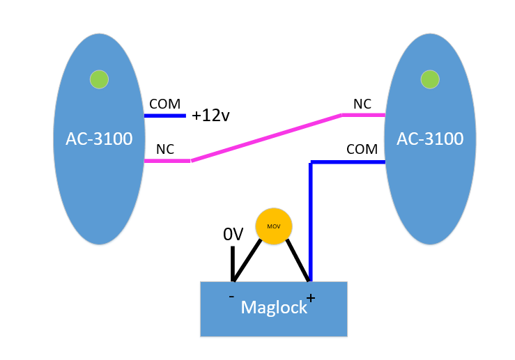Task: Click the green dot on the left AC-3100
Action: [99, 79]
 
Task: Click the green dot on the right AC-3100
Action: [430, 79]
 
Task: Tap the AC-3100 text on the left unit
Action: [99, 139]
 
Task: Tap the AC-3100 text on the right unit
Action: [430, 139]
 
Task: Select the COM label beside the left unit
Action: [164, 104]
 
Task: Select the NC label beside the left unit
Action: [165, 149]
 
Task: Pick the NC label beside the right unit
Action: [362, 104]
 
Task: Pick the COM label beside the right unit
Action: [362, 149]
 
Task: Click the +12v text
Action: [210, 116]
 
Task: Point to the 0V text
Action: [233, 235]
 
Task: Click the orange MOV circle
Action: [273, 226]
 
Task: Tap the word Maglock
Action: [274, 307]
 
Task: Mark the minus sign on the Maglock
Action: [231, 297]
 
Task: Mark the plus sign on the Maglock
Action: [311, 298]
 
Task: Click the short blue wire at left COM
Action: [165, 116]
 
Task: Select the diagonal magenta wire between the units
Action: [267, 138]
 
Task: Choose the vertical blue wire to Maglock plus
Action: [311, 223]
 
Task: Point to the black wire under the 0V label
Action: [232, 263]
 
